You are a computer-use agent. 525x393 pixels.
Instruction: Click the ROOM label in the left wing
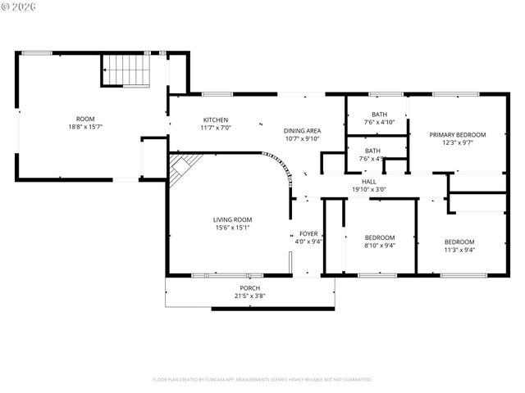click(85, 119)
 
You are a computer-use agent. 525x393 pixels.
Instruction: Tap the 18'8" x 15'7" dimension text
click(85, 128)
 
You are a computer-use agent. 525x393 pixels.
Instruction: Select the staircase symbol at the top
click(127, 70)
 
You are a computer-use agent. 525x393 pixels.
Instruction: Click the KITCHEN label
click(216, 120)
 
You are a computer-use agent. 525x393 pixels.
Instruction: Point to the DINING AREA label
click(302, 131)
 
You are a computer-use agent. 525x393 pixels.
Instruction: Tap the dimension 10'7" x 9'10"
click(302, 139)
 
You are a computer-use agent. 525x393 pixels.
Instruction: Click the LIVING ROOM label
click(232, 219)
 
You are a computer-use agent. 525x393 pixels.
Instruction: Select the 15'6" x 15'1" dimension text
click(232, 228)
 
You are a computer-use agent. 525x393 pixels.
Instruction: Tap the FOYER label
click(308, 233)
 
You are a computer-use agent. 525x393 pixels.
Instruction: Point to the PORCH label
click(249, 288)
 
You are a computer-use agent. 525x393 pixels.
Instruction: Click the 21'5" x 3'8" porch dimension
click(249, 296)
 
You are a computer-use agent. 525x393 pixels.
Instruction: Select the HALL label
click(368, 181)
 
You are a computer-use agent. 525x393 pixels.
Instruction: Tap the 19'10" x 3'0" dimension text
click(368, 189)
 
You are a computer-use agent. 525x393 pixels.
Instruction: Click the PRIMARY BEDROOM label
click(458, 134)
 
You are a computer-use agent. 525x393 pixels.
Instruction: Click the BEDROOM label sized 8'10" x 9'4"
click(379, 237)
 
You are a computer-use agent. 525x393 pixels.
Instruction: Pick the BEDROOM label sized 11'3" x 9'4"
click(459, 242)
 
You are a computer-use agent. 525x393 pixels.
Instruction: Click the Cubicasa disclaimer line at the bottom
click(262, 380)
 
